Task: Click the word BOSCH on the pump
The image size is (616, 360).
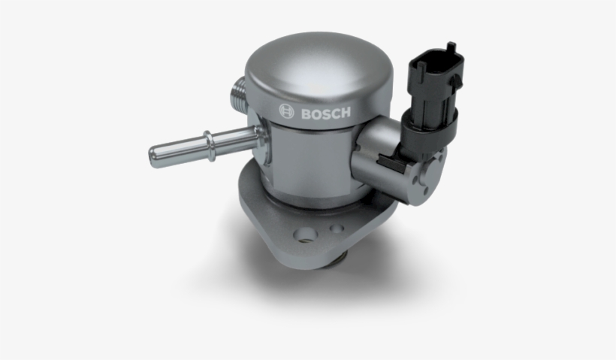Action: coord(325,113)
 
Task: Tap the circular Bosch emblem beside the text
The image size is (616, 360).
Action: coord(286,111)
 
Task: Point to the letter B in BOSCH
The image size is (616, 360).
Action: coord(306,113)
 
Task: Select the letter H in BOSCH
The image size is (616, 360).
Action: coord(346,113)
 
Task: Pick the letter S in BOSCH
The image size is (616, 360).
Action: coord(325,113)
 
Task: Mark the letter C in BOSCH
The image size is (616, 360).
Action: coord(335,113)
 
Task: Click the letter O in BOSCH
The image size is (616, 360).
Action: coord(316,113)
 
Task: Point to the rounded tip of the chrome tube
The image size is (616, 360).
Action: coord(155,156)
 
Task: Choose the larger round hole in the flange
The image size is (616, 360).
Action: coord(305,235)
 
